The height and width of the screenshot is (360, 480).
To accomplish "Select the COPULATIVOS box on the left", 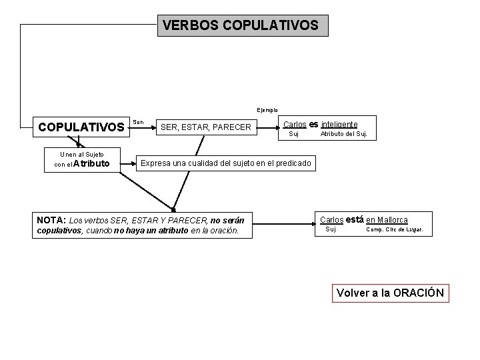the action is (81, 127).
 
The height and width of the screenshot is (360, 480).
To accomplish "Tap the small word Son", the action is (138, 122).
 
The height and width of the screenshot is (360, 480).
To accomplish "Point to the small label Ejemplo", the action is (268, 110).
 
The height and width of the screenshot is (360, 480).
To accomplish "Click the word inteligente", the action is (339, 124).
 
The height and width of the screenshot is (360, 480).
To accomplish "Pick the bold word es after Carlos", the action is (313, 124).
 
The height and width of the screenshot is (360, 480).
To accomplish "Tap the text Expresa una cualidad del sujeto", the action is (225, 163).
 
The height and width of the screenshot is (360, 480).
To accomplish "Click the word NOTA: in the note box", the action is (51, 220).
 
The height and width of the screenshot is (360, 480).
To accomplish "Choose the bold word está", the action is (355, 219).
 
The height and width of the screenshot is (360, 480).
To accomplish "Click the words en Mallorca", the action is (387, 219).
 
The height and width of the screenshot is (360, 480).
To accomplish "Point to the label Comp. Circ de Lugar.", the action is (399, 230).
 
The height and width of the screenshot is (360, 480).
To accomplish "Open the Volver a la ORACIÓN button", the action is (390, 293).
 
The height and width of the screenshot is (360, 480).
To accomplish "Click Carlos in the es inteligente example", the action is (295, 124).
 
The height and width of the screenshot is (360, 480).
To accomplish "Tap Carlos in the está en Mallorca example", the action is (331, 219).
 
